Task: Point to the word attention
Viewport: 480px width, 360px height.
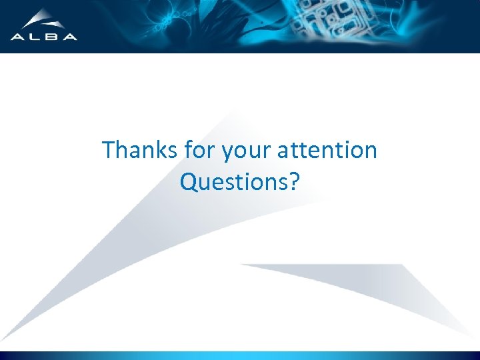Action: (327, 150)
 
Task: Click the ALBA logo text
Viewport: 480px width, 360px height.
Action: (44, 37)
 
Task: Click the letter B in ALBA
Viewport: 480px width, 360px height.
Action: (53, 37)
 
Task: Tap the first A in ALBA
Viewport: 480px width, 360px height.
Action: (17, 37)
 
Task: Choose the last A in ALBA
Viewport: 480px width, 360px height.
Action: (70, 37)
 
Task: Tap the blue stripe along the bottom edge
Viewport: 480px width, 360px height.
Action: (240, 355)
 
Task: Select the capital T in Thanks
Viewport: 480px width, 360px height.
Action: (109, 150)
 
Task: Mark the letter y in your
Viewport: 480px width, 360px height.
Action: (227, 153)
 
